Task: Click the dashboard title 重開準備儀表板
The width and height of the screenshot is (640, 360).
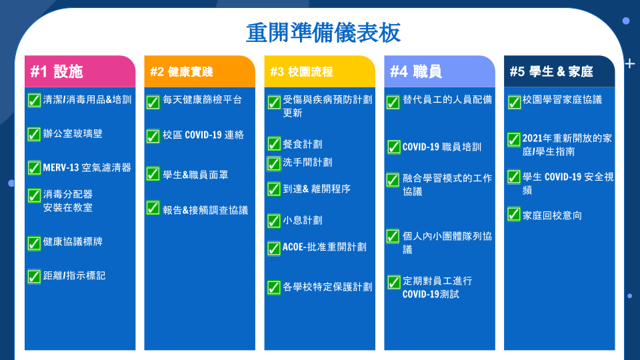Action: click(x=323, y=33)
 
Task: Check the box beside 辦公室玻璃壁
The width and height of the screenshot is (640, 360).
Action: click(x=34, y=134)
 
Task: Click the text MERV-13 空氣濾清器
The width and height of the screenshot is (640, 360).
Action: click(x=87, y=167)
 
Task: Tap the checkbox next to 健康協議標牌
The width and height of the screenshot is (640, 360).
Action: click(x=34, y=243)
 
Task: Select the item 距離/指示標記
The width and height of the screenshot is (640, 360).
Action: click(x=74, y=275)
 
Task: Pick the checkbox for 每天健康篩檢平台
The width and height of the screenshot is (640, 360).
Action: click(x=153, y=102)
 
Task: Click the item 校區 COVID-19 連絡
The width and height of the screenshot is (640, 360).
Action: click(x=203, y=135)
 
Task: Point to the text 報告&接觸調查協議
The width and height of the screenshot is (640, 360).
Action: click(x=205, y=210)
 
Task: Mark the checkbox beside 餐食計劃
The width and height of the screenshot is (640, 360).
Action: click(x=274, y=144)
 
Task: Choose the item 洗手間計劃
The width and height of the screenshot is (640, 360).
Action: click(x=307, y=163)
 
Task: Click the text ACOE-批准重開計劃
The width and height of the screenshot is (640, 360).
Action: click(x=325, y=247)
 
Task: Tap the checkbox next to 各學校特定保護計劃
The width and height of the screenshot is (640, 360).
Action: click(x=274, y=287)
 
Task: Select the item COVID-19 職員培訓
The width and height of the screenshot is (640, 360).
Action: click(x=442, y=147)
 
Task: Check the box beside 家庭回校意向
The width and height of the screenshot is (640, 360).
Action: click(x=514, y=214)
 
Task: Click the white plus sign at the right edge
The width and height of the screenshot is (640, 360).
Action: click(x=630, y=64)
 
